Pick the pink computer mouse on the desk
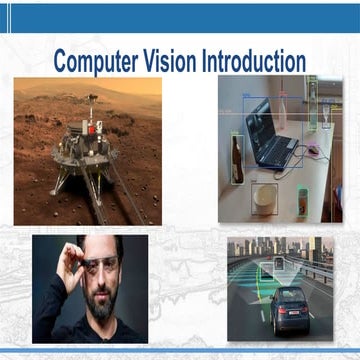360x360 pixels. (x=312, y=151)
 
